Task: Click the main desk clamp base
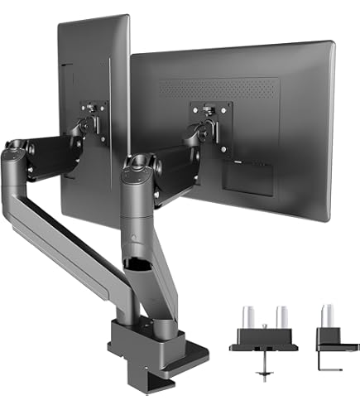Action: (144, 347)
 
